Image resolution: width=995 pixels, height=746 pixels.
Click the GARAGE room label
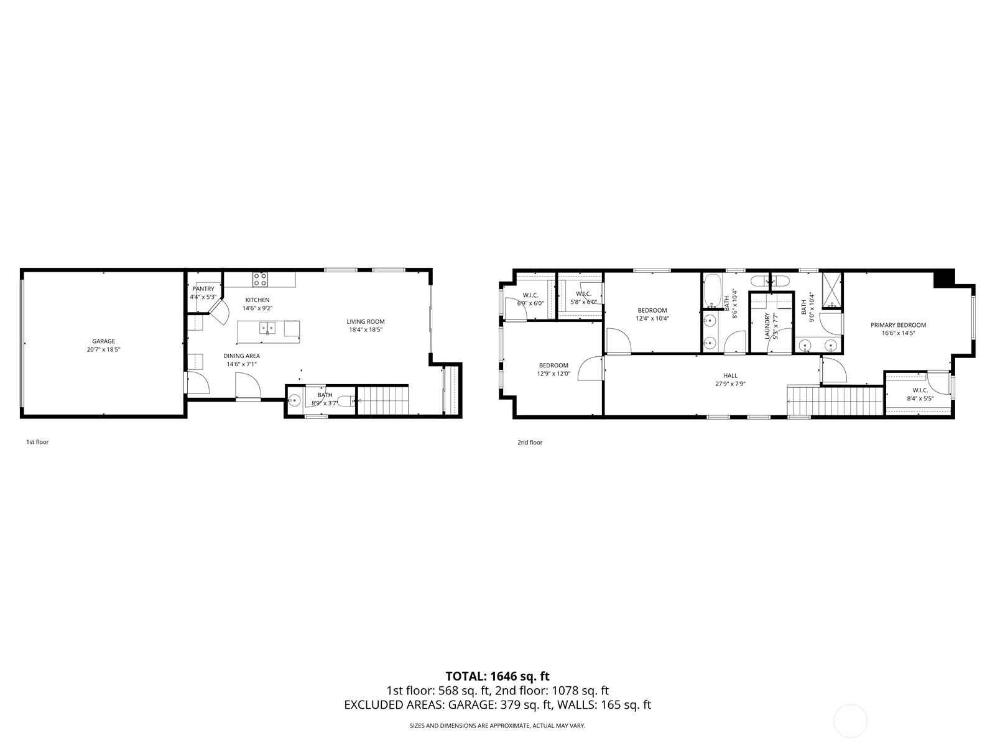104,341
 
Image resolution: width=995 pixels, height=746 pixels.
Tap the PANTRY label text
203,289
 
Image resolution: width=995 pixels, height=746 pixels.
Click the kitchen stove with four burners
260,279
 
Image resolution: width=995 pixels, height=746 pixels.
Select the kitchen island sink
267,328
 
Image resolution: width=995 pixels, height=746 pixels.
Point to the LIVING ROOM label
366,321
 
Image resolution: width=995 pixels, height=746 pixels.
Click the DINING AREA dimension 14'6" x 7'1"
242,364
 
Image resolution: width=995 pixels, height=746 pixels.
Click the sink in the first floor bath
295,400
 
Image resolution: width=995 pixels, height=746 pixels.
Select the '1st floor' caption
37,442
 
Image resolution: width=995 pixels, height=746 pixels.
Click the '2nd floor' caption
530,443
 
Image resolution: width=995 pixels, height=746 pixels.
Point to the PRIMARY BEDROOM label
898,325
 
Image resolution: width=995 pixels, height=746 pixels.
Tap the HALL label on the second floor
730,375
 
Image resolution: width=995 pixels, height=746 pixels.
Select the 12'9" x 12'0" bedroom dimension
553,374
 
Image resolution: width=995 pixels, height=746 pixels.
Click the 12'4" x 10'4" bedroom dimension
652,318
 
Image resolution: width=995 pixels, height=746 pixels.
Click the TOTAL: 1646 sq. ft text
497,676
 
